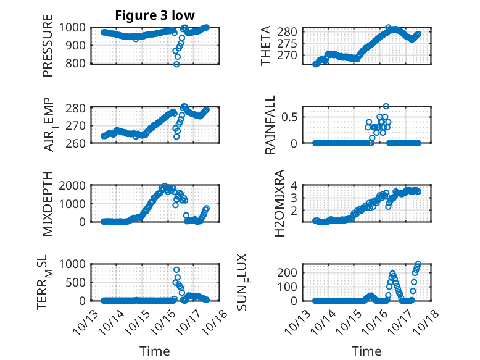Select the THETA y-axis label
pyautogui.click(x=266, y=46)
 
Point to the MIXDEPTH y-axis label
pyautogui.click(x=48, y=204)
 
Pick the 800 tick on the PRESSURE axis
pyautogui.click(x=78, y=63)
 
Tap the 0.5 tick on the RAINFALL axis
pyautogui.click(x=292, y=117)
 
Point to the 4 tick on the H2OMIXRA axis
pyautogui.click(x=296, y=185)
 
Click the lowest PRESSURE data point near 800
pyautogui.click(x=176, y=64)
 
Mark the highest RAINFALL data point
pyautogui.click(x=386, y=106)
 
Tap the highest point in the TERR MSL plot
pyautogui.click(x=176, y=270)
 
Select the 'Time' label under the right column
pyautogui.click(x=366, y=351)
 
